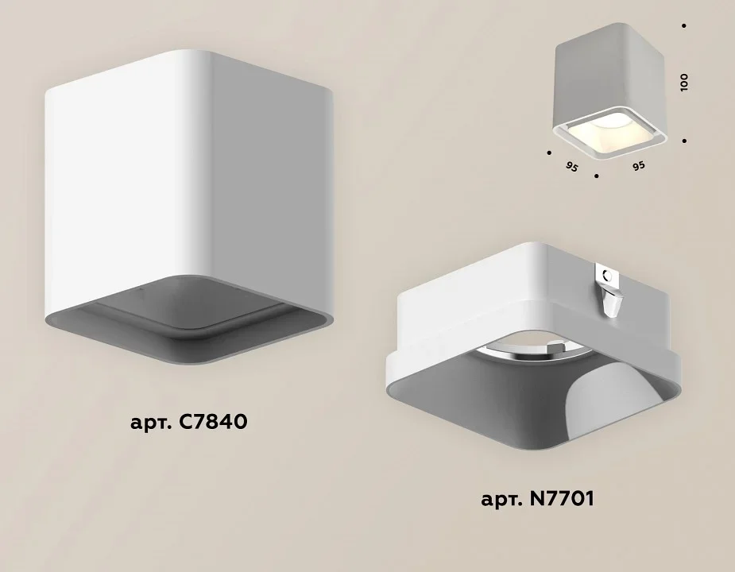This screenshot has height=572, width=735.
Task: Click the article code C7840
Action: (213, 422)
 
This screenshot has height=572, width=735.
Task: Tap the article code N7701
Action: (562, 498)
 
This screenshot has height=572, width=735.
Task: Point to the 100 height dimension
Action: (684, 82)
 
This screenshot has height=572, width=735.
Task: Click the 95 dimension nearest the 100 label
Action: (638, 166)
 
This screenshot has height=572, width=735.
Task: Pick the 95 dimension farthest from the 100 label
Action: (572, 167)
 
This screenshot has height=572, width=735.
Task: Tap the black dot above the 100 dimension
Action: (684, 25)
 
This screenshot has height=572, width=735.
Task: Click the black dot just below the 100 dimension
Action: (685, 141)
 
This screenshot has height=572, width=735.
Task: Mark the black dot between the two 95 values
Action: (596, 176)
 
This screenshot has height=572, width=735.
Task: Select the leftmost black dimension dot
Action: (549, 153)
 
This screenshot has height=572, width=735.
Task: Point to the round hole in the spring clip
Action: (608, 276)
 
